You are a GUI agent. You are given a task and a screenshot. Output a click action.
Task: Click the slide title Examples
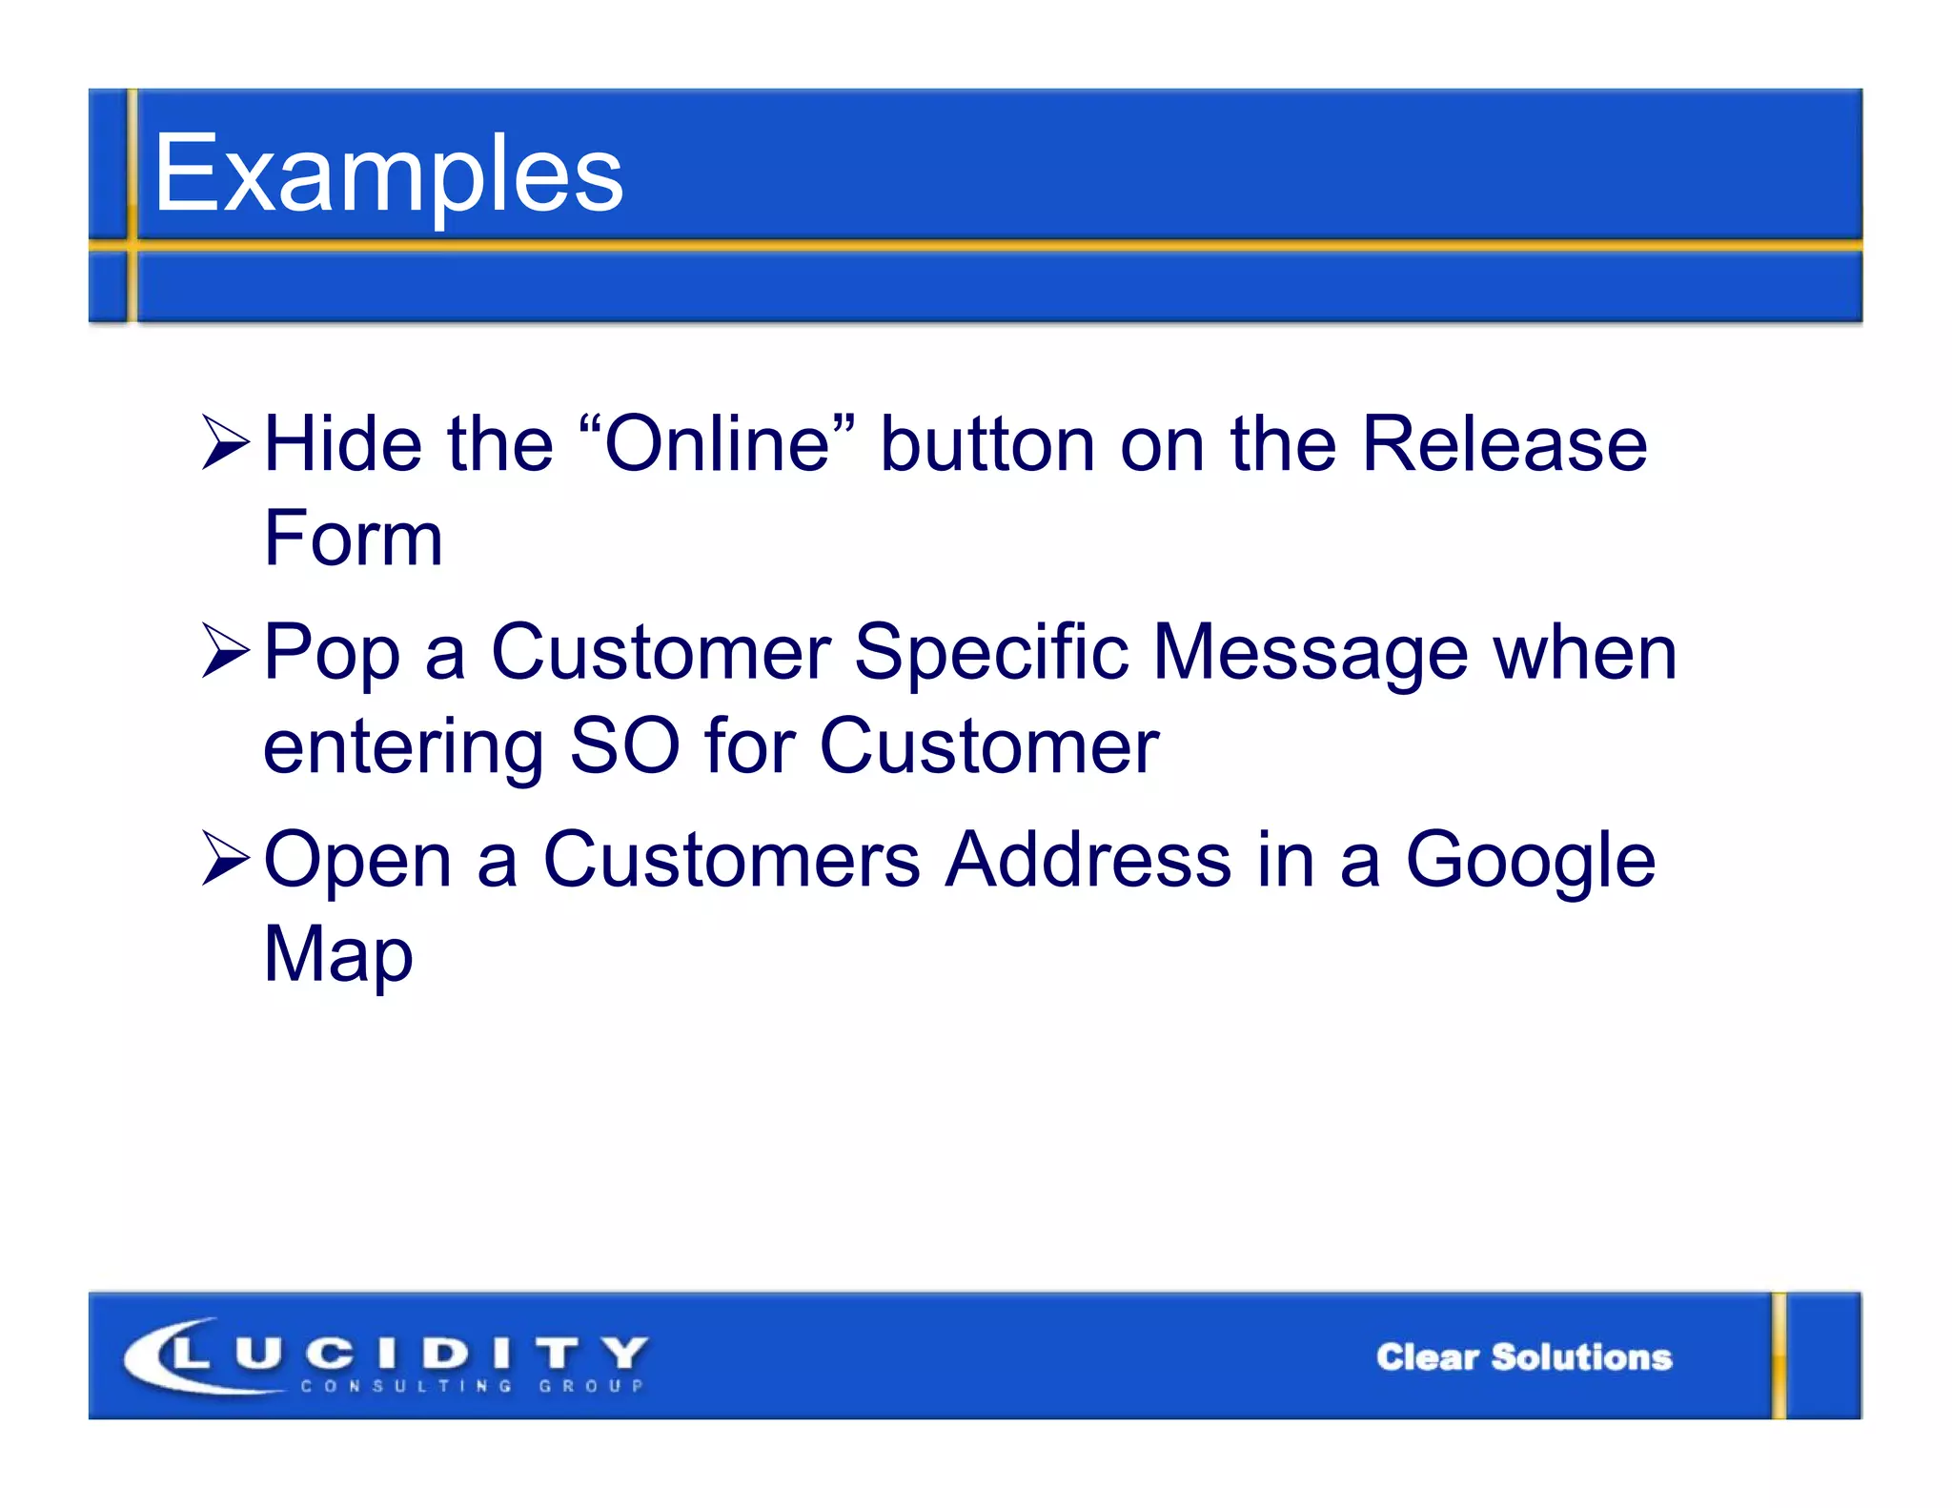pos(388,174)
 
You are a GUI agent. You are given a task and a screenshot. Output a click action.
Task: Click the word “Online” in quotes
pos(716,443)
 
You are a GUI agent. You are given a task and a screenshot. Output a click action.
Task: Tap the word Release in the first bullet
pos(1504,443)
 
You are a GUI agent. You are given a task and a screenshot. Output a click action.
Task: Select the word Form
pos(354,538)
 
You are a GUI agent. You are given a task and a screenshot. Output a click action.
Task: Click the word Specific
pos(991,652)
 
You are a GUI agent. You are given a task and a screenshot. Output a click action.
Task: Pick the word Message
pos(1311,654)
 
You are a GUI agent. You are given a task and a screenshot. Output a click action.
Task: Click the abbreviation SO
pos(624,745)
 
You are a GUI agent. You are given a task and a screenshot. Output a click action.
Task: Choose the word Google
pos(1531,860)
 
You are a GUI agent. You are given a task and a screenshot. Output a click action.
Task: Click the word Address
pos(1088,860)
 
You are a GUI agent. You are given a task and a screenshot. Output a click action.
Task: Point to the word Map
pos(338,954)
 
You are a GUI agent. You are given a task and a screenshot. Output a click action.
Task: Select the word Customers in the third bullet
pos(731,860)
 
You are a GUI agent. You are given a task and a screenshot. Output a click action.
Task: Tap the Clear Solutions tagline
pos(1523,1356)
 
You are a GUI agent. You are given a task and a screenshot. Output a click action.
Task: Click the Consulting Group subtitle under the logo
pos(472,1386)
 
